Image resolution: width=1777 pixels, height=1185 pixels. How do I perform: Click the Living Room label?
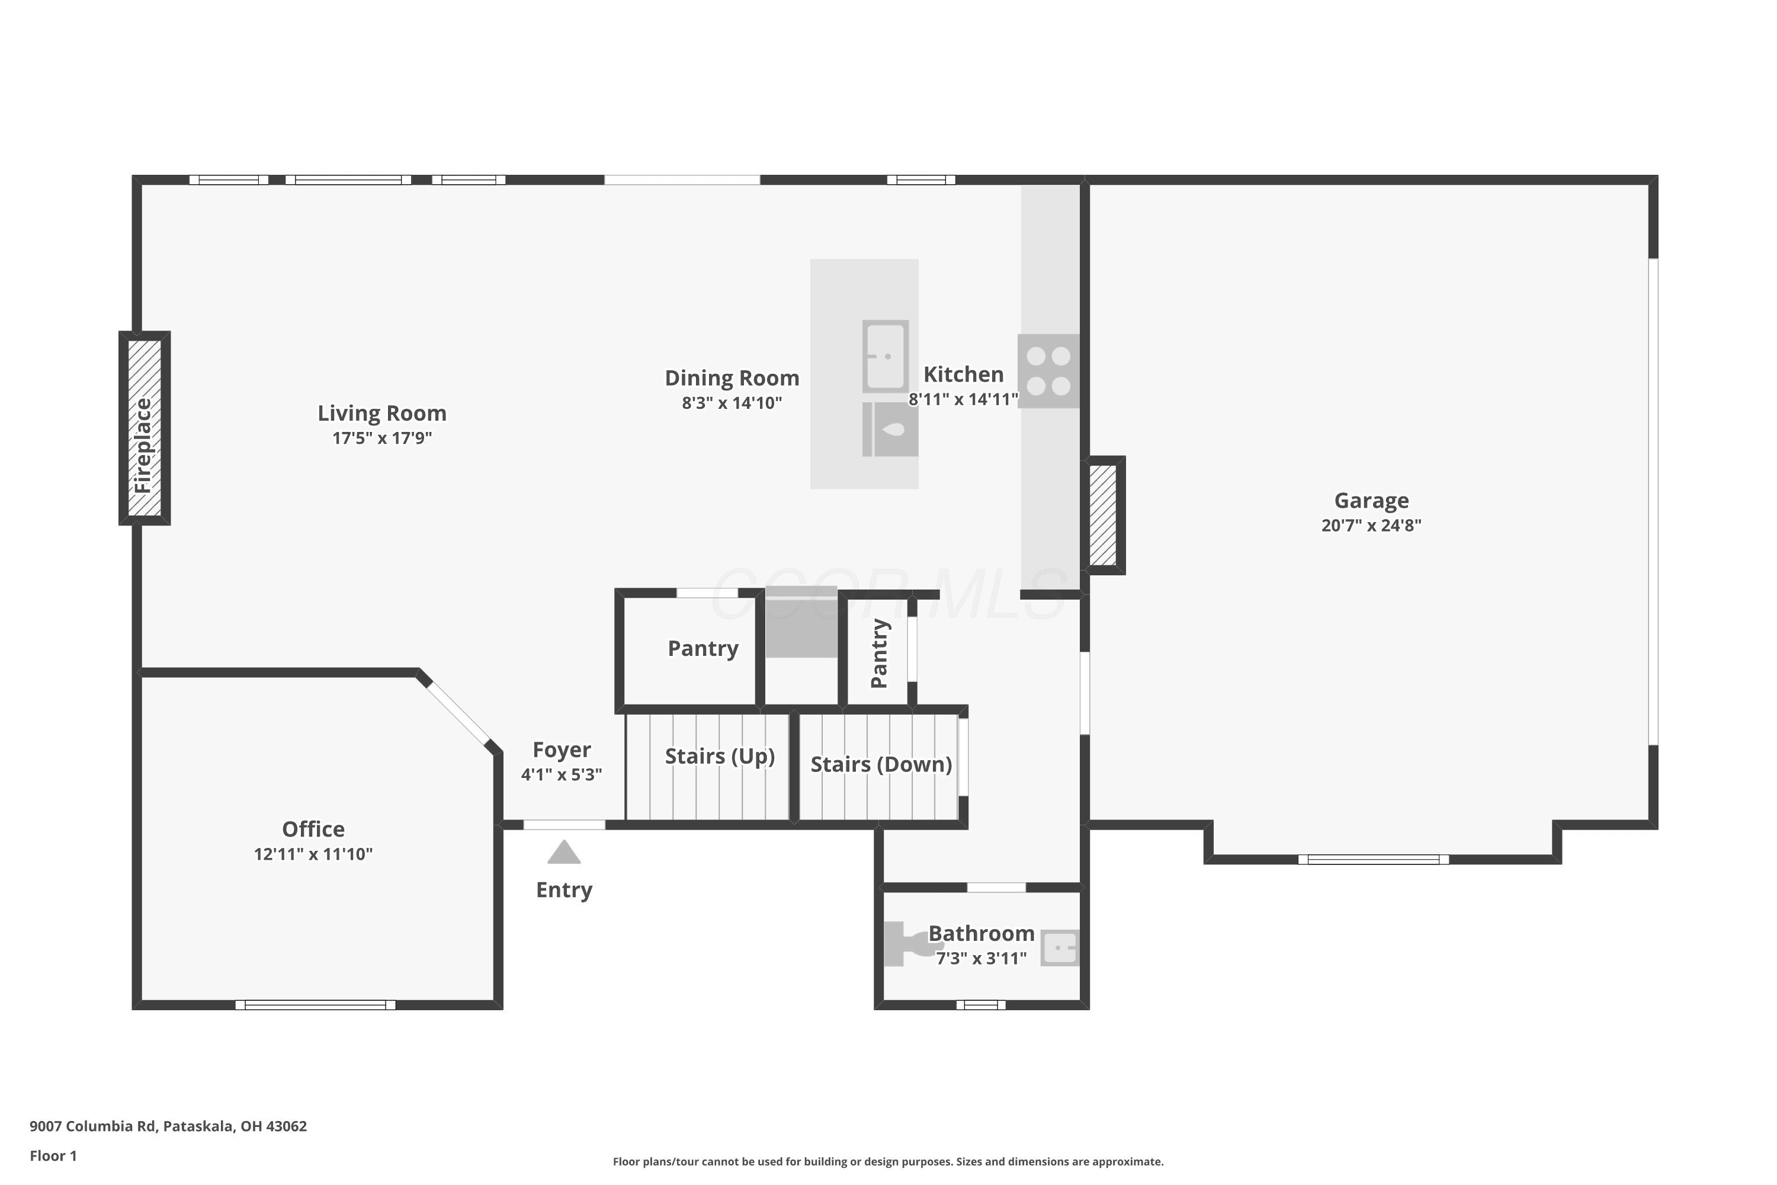click(x=381, y=414)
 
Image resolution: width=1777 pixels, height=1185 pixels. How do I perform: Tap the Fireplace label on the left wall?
click(x=143, y=446)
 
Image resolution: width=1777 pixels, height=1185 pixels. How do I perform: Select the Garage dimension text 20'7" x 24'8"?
click(x=1371, y=525)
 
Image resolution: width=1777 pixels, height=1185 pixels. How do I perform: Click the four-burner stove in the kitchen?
click(x=1048, y=371)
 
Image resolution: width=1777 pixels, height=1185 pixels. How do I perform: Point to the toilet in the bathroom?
click(x=907, y=943)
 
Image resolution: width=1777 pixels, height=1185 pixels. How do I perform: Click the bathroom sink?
click(x=1060, y=947)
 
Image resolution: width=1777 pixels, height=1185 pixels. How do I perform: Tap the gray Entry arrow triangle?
click(x=564, y=852)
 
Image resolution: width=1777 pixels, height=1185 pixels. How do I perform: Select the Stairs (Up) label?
click(x=720, y=757)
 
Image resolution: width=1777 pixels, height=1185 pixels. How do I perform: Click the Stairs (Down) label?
click(x=881, y=765)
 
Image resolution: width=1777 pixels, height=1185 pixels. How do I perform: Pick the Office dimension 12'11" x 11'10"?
click(x=313, y=854)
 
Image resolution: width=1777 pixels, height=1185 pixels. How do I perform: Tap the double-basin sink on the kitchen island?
click(x=886, y=356)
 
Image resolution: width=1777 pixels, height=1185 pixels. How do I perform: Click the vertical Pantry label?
click(x=878, y=654)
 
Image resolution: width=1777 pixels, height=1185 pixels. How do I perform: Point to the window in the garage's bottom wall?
click(x=1374, y=859)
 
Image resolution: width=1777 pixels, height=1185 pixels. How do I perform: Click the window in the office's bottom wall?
click(x=315, y=1005)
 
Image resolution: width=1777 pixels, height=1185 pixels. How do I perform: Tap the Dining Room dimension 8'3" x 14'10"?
click(x=732, y=403)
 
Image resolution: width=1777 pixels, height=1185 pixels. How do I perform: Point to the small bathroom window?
click(x=981, y=1005)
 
